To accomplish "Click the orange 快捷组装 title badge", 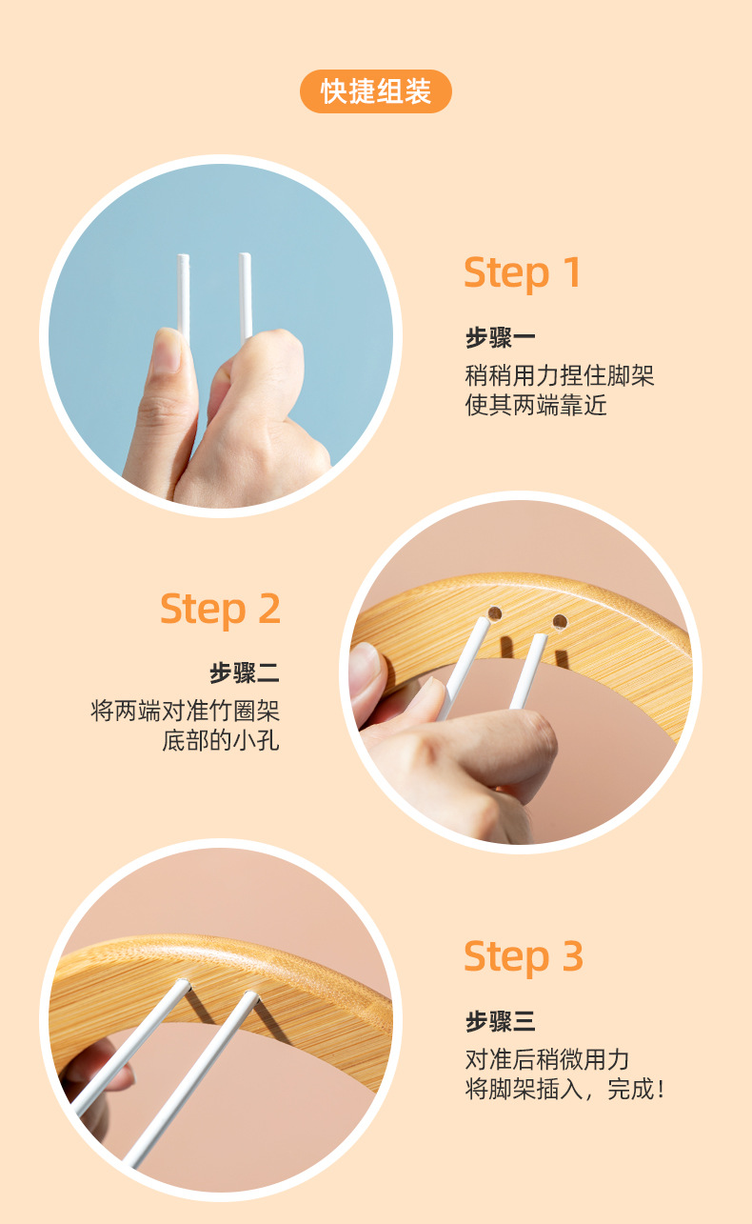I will pyautogui.click(x=376, y=91).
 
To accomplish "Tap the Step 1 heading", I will pyautogui.click(x=522, y=273).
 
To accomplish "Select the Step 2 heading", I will pyautogui.click(x=220, y=609).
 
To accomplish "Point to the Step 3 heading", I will pyautogui.click(x=523, y=956).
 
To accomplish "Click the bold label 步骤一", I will pyautogui.click(x=500, y=337).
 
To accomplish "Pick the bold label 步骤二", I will pyautogui.click(x=245, y=673).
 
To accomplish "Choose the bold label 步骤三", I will pyautogui.click(x=500, y=1022).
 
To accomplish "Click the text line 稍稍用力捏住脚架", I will pyautogui.click(x=560, y=374).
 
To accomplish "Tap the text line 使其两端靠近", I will pyautogui.click(x=536, y=406).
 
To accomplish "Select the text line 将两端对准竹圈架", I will pyautogui.click(x=186, y=711).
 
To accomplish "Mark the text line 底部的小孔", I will pyautogui.click(x=221, y=741).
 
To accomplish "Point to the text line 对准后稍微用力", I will pyautogui.click(x=547, y=1059).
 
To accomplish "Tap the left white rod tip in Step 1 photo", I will pyautogui.click(x=183, y=259).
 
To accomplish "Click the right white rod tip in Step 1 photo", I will pyautogui.click(x=245, y=258).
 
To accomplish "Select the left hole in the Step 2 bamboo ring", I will pyautogui.click(x=495, y=612).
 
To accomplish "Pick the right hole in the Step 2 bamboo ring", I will pyautogui.click(x=560, y=622).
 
